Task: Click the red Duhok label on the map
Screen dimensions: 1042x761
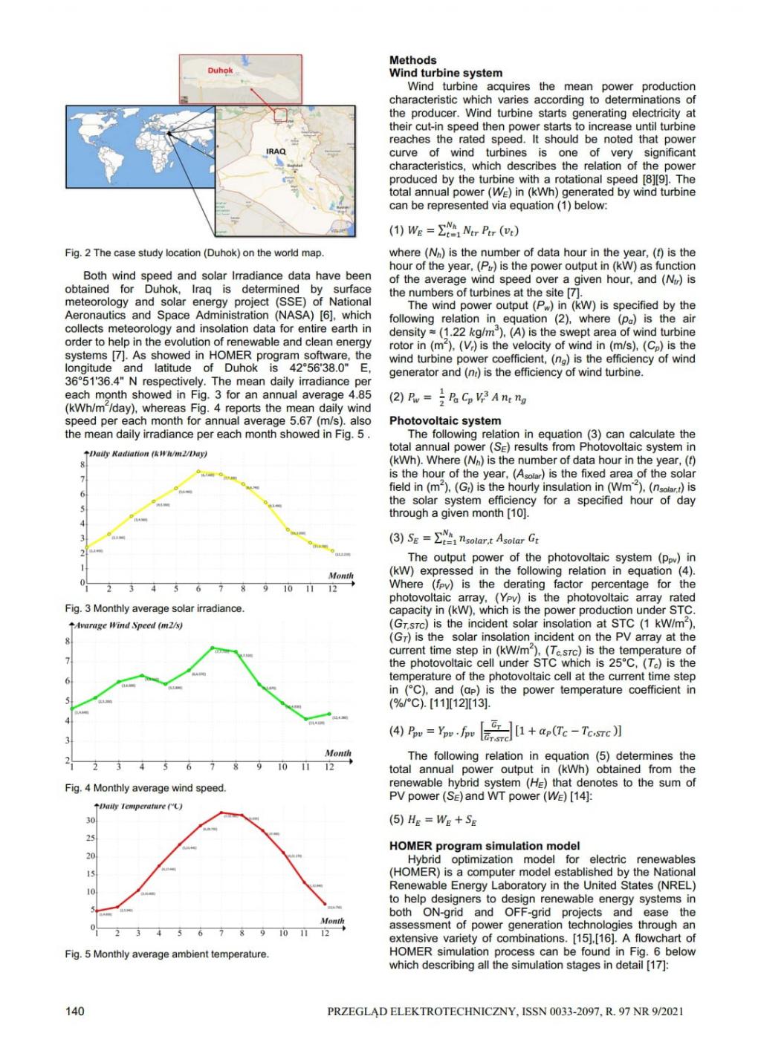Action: (x=220, y=71)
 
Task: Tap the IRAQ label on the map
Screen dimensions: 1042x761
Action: (x=276, y=152)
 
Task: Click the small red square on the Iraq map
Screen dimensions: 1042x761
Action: (x=280, y=114)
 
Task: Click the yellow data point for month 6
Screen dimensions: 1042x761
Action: (x=199, y=472)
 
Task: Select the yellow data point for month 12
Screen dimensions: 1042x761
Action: (x=332, y=550)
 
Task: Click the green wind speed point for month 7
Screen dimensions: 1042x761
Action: (x=213, y=648)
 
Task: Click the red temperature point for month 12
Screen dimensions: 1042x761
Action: (x=325, y=904)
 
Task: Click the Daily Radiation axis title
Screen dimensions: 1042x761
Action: (x=148, y=453)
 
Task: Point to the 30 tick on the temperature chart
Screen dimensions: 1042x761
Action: (x=91, y=820)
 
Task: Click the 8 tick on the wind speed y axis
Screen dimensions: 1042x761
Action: (x=68, y=641)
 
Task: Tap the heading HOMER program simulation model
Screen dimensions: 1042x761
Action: (x=485, y=846)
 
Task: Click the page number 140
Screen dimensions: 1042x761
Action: (x=75, y=1010)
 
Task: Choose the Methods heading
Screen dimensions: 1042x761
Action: (x=412, y=60)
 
